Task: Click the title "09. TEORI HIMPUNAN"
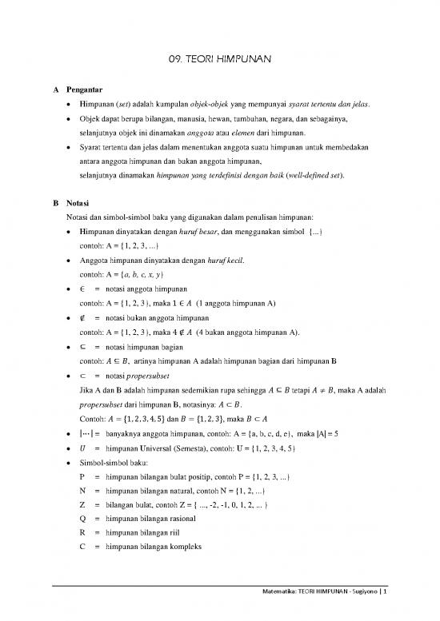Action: click(219, 58)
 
